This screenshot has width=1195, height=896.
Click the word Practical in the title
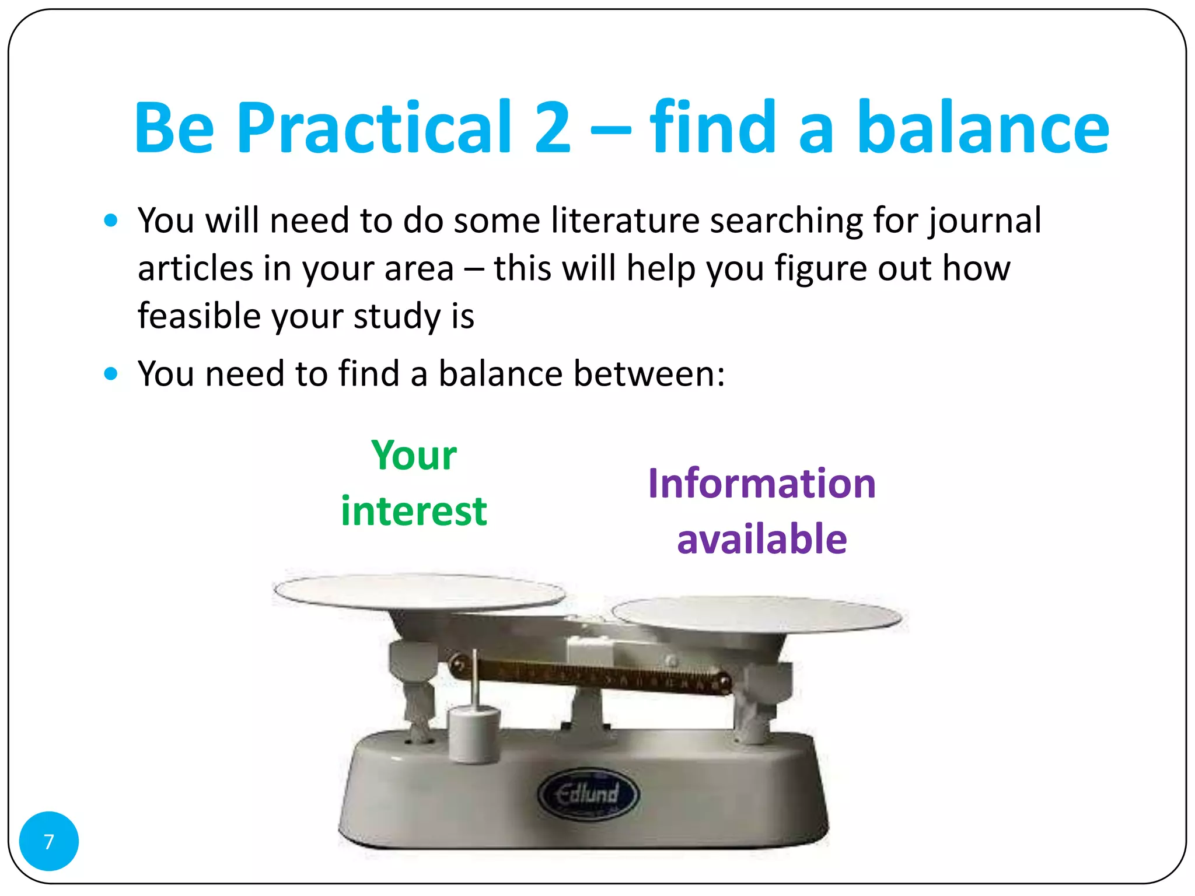(374, 128)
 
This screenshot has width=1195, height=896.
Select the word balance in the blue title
(983, 128)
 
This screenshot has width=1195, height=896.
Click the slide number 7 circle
(49, 841)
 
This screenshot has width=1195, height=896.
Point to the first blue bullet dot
(110, 220)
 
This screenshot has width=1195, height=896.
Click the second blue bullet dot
(110, 373)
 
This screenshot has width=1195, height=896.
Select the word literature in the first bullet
(625, 220)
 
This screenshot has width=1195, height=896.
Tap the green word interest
(414, 511)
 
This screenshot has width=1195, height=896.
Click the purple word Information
(761, 484)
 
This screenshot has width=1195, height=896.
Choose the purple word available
(761, 538)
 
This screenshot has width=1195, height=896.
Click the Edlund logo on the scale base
(588, 794)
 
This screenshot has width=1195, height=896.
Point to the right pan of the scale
(756, 613)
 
